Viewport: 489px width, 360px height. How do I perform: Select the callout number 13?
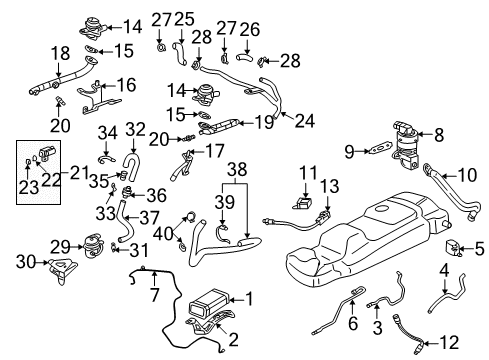pos(327,187)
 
